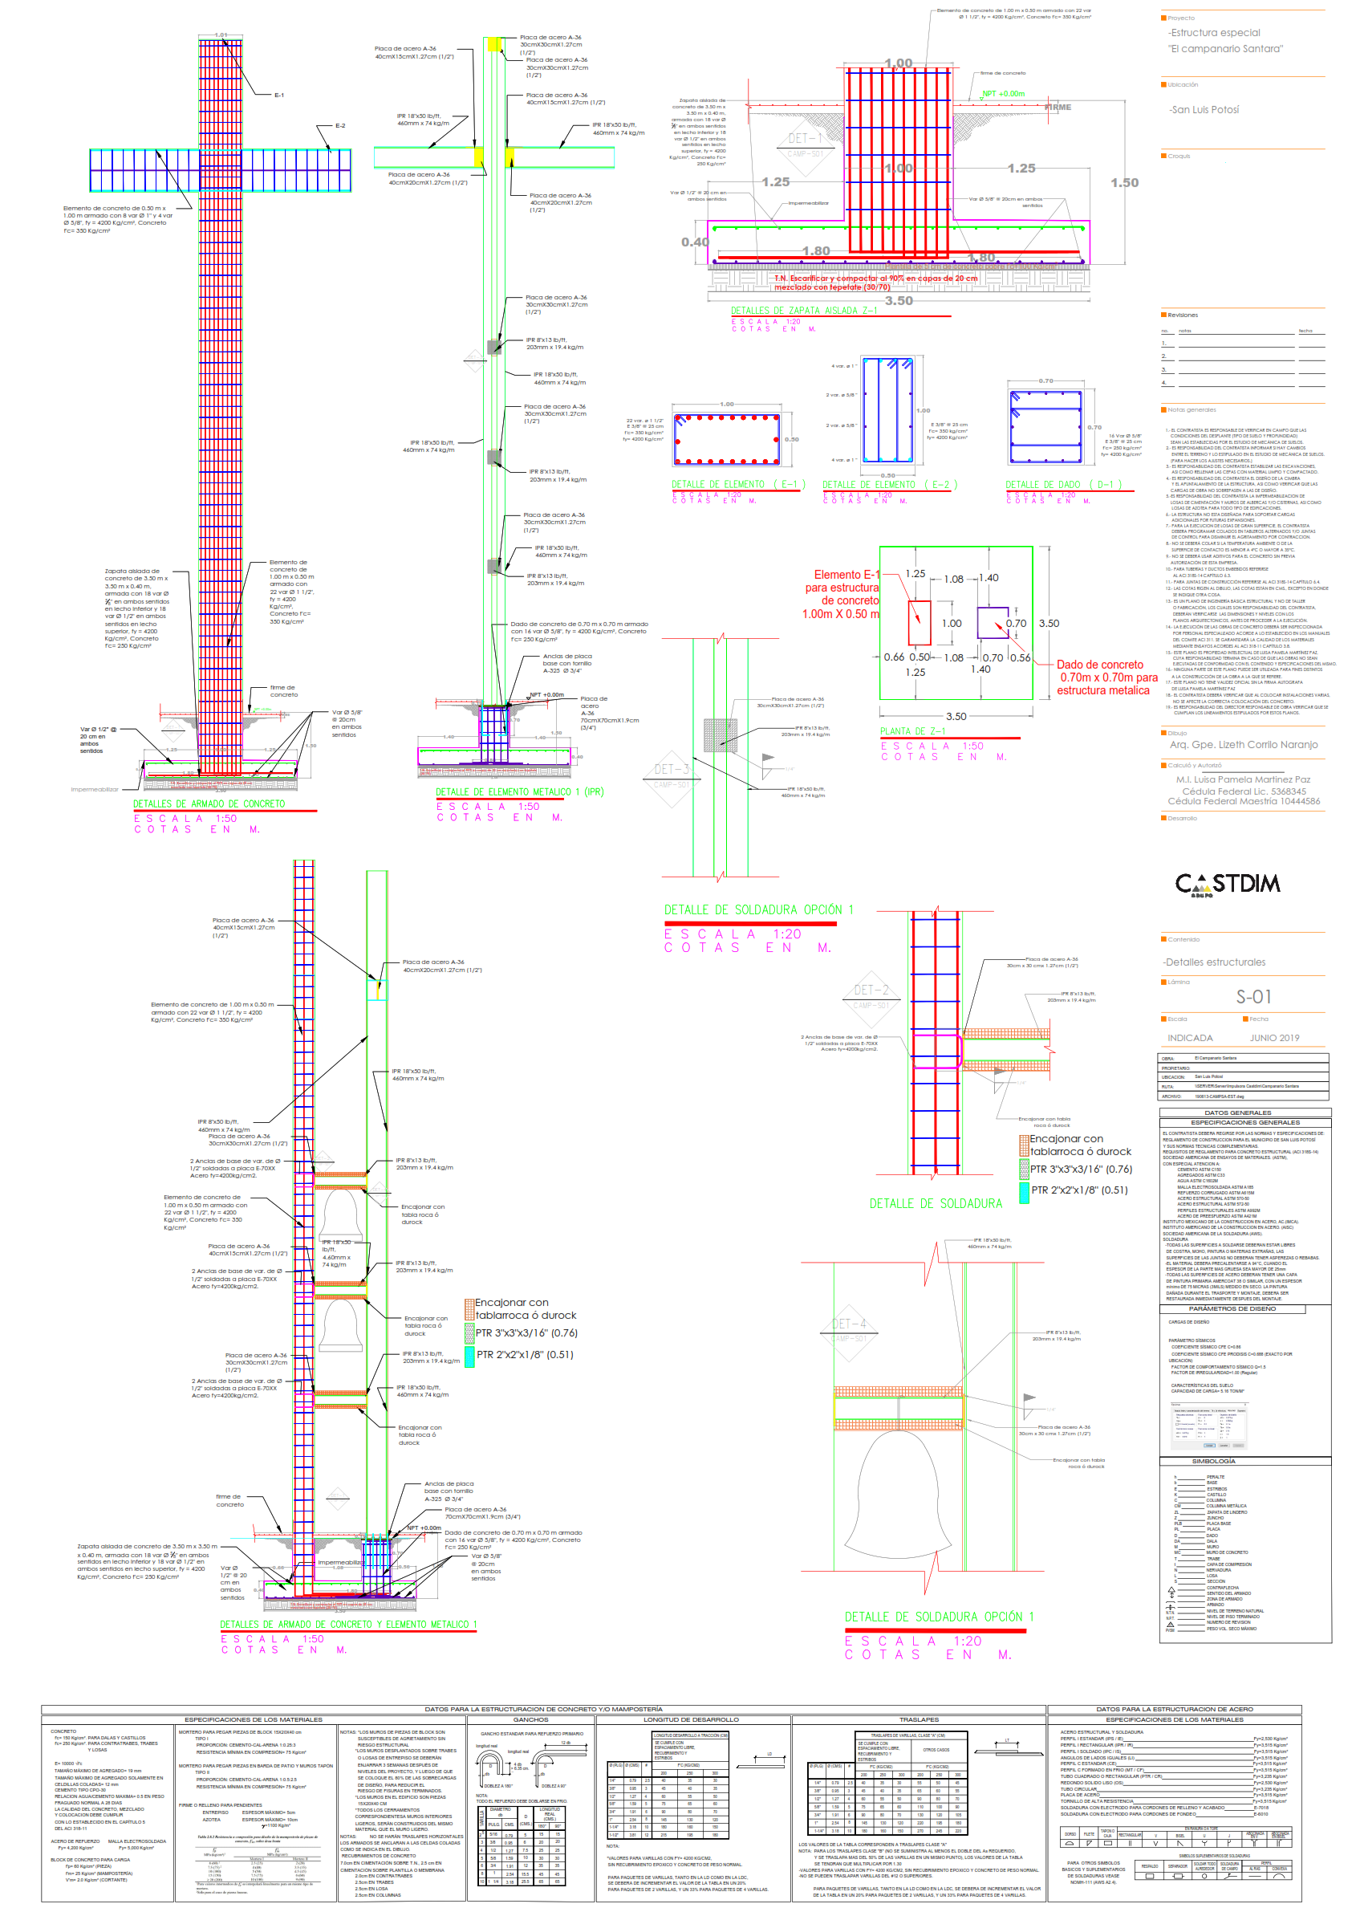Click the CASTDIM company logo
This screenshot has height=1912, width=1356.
(1227, 884)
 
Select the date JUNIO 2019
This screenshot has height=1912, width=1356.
(1274, 1039)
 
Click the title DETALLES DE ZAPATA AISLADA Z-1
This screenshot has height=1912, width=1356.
(804, 311)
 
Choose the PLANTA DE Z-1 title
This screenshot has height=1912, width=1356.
(912, 732)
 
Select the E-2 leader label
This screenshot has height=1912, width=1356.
(340, 126)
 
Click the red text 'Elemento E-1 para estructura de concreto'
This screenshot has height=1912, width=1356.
(841, 593)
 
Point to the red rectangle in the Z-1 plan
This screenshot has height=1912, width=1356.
(919, 622)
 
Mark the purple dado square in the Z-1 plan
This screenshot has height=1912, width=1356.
(992, 622)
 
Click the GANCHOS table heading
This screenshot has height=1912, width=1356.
(530, 1720)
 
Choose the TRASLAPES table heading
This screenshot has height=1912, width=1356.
(919, 1720)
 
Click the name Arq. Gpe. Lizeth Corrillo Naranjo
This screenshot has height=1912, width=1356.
(1244, 745)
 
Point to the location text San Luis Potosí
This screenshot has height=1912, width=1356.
(1204, 110)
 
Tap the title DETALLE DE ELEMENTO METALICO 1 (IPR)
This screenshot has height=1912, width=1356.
(519, 792)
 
